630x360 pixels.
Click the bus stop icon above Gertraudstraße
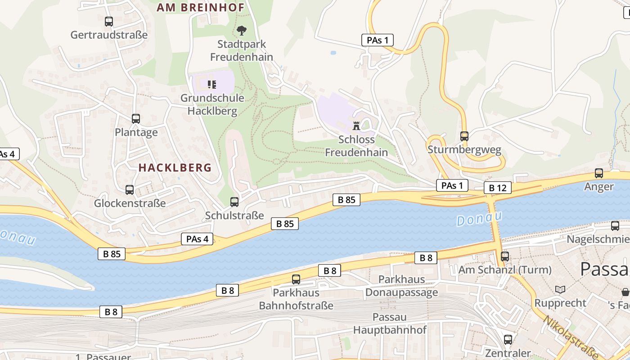[108, 21]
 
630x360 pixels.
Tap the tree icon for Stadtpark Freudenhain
[242, 31]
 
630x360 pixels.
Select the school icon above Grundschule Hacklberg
[212, 84]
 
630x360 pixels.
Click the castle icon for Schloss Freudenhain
[356, 126]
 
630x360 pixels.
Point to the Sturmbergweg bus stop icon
[464, 136]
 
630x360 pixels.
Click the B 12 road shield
[498, 188]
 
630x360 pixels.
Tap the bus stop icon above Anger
[598, 173]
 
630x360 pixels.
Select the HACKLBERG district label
[175, 167]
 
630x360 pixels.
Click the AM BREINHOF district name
[200, 7]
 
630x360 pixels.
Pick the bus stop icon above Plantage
[135, 119]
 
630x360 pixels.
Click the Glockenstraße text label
[130, 203]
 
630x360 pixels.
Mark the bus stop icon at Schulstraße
[234, 202]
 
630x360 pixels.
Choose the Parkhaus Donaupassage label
[401, 286]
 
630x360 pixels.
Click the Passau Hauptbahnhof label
[390, 323]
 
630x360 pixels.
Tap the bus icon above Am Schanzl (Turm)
[505, 256]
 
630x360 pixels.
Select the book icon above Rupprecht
[560, 289]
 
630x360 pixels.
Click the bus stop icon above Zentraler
[508, 340]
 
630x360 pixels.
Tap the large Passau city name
[604, 269]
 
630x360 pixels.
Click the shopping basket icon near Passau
[625, 292]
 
